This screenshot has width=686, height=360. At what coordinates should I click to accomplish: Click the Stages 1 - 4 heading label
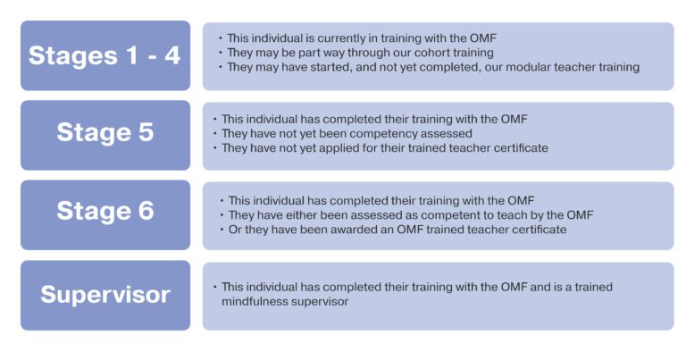pyautogui.click(x=105, y=55)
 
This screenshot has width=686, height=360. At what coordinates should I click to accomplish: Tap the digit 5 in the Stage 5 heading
pyautogui.click(x=146, y=132)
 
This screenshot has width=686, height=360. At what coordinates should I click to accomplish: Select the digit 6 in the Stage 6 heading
pyautogui.click(x=146, y=211)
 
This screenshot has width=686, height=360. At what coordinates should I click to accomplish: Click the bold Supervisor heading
pyautogui.click(x=105, y=295)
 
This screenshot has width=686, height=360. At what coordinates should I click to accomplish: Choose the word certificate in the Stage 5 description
pyautogui.click(x=521, y=148)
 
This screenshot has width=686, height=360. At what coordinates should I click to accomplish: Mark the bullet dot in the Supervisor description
pyautogui.click(x=214, y=287)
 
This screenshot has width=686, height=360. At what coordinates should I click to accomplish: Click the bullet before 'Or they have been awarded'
pyautogui.click(x=222, y=230)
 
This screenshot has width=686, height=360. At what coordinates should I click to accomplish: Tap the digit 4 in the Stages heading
pyautogui.click(x=172, y=55)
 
